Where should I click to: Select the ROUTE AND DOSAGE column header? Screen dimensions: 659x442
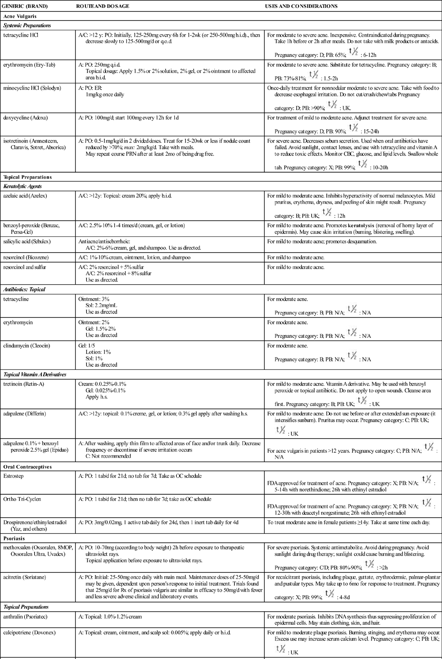pos(103,6)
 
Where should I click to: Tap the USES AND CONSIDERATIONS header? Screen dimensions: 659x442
pos(301,6)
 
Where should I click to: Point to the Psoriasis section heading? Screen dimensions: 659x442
pos(14,538)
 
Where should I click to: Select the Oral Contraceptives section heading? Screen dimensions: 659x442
pos(28,467)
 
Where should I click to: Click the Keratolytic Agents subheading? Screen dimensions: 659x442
pos(23,186)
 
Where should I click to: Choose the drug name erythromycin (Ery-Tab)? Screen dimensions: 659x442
pos(29,65)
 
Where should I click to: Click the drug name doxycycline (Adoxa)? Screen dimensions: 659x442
pos(26,118)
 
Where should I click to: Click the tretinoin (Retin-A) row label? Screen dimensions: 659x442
pos(24,384)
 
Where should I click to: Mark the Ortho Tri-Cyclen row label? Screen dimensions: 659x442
pos(21,499)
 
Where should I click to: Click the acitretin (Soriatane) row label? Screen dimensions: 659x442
pos(26,577)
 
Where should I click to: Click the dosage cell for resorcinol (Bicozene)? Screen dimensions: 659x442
pos(134,257)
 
